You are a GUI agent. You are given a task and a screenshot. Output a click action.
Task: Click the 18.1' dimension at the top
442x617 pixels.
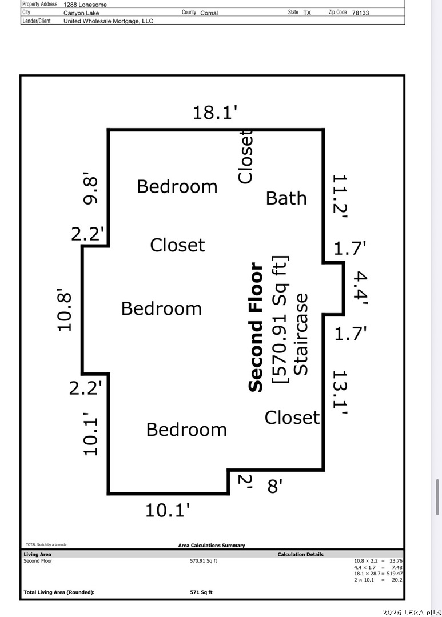pos(214,112)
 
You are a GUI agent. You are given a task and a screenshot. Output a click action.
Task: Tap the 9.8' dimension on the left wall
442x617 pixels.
pos(90,188)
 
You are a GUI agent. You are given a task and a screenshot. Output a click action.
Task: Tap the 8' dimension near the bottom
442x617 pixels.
pos(275,486)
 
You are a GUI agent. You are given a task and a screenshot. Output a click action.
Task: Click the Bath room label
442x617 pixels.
pos(286,198)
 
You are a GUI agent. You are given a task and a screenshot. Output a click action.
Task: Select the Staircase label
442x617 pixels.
pos(301,334)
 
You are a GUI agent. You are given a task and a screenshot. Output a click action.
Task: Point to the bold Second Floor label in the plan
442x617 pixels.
pos(256,327)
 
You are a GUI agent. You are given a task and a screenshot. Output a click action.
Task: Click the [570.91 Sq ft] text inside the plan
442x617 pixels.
pos(281,319)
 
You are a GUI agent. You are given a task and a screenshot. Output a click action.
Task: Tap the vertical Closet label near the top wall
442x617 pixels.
pos(245,157)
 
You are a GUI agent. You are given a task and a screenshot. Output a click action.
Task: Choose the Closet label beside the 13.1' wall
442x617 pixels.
pos(292,418)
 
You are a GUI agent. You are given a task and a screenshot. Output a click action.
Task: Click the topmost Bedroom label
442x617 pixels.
pos(177,186)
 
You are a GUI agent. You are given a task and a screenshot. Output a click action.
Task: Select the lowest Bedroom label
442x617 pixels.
pos(186,430)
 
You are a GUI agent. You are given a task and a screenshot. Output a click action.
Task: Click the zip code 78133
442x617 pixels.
pos(360,13)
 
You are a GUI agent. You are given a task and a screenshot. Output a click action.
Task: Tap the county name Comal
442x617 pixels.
pos(209,13)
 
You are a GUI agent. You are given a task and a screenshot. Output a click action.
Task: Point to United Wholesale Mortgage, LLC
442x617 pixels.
pos(108,21)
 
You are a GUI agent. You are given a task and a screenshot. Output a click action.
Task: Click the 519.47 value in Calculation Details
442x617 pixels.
pos(395,574)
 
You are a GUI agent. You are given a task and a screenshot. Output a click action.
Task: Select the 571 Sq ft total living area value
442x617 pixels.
pos(201,592)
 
